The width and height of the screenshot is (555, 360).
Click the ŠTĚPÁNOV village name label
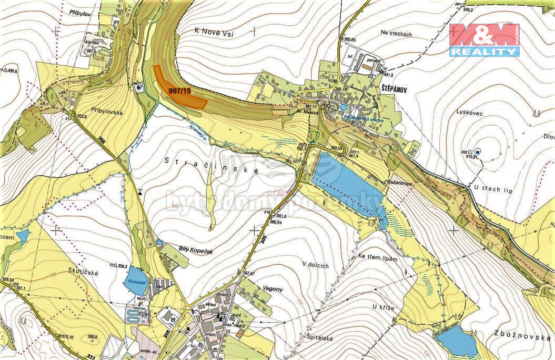click(x=392, y=90)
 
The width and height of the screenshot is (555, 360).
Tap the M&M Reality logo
click(x=485, y=40)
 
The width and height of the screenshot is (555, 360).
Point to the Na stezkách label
click(x=396, y=34)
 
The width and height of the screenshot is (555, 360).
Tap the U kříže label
click(x=383, y=307)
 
